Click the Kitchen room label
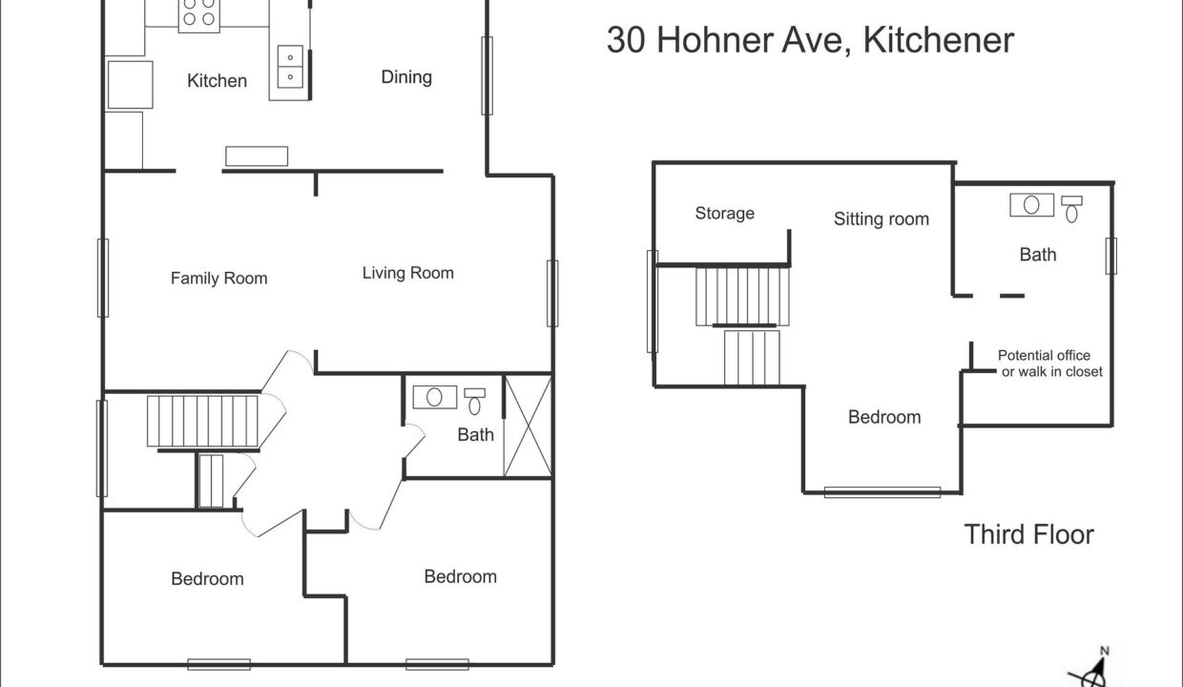(218, 81)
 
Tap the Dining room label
(406, 77)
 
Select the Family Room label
(218, 278)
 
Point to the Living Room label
(407, 273)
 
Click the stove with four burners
(199, 16)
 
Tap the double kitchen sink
(290, 67)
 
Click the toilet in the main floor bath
(475, 402)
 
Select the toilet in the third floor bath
(1071, 209)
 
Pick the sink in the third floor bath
(1032, 205)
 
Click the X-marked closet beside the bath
(529, 427)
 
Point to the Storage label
(725, 214)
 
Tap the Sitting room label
(882, 219)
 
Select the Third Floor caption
(1029, 534)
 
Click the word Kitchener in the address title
(939, 40)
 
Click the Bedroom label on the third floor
(884, 417)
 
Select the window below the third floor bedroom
(882, 492)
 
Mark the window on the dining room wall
(487, 75)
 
